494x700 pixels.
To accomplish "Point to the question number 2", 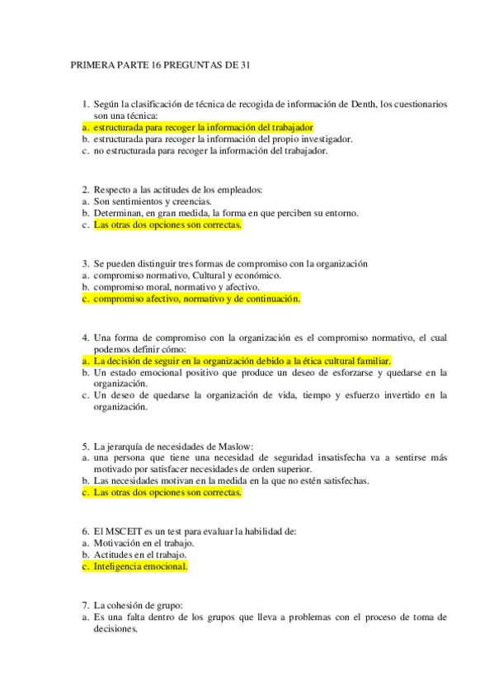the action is pos(86,190).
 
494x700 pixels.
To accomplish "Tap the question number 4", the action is pos(86,338).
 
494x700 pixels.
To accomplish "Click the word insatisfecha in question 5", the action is pos(354,458).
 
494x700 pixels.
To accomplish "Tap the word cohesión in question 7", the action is pos(134,606).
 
